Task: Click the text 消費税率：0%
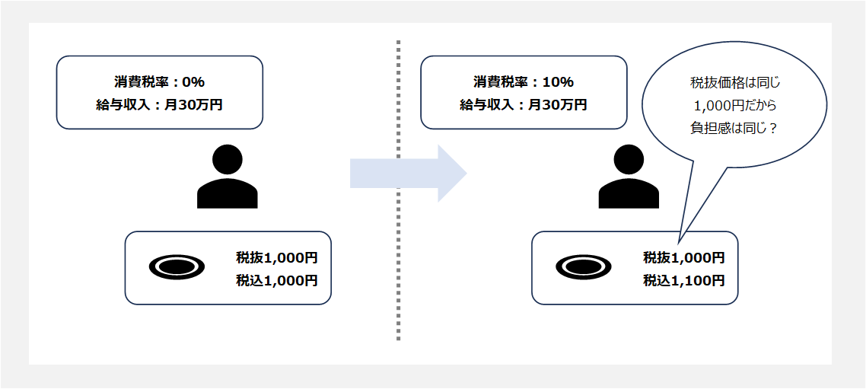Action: tap(159, 81)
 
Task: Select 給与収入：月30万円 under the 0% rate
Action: tap(159, 105)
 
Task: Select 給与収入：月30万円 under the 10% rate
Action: tap(523, 105)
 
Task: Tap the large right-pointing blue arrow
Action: tap(407, 174)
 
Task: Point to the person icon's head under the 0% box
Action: tap(227, 158)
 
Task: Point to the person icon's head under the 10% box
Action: tap(629, 158)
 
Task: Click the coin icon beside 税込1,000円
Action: tap(177, 266)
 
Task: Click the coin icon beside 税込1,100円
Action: tap(584, 266)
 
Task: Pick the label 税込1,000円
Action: tap(277, 280)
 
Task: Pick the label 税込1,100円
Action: tap(683, 280)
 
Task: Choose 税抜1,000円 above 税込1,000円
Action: tap(277, 257)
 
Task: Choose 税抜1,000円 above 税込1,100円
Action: tap(683, 257)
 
